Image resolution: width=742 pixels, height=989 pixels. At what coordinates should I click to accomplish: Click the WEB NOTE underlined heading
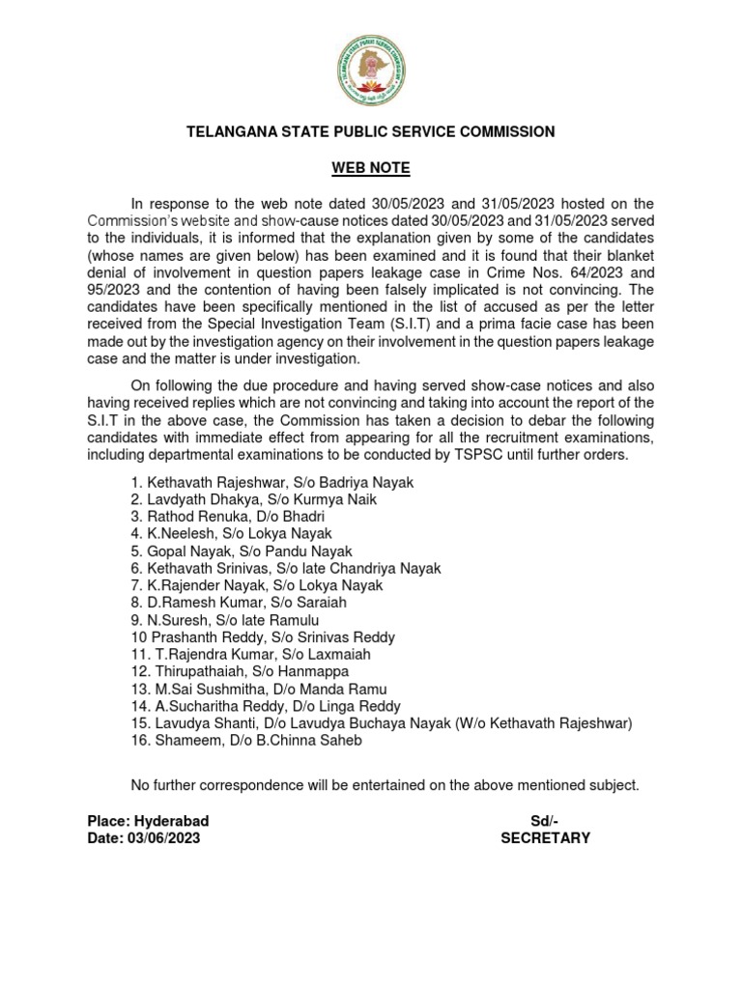pos(371,168)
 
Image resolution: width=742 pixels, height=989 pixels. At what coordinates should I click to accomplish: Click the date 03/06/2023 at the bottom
pos(163,838)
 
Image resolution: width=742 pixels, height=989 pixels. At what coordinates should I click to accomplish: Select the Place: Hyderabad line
pos(148,821)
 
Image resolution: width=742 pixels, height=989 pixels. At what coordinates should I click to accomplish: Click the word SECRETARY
pos(545,838)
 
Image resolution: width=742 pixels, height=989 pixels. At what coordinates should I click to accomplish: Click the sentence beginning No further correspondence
pos(385,785)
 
